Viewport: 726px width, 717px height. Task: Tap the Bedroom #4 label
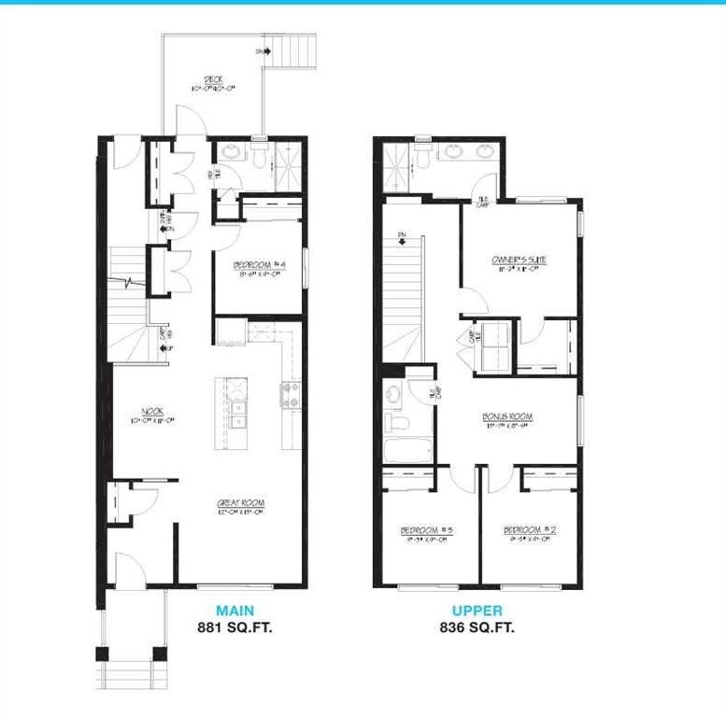click(x=259, y=266)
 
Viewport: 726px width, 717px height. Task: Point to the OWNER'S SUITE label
click(x=519, y=260)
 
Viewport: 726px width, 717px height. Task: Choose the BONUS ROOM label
click(x=507, y=417)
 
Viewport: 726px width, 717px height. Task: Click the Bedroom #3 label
click(x=426, y=531)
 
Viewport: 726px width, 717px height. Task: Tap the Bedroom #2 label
click(x=530, y=531)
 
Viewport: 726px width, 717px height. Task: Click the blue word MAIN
click(x=235, y=612)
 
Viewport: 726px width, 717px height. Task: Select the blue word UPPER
click(x=477, y=612)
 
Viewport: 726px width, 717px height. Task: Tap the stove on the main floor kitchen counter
click(x=289, y=394)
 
